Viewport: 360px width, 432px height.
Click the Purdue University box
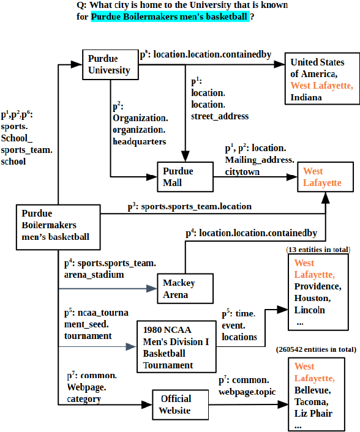coord(110,64)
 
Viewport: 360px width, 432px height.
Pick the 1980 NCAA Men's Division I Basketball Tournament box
coord(176,348)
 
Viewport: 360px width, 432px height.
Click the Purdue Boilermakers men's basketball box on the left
coord(57,226)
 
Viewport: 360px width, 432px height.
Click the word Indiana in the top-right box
coord(306,97)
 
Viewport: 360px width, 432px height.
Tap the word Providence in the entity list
coord(317,286)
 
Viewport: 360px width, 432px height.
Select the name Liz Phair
coord(313,413)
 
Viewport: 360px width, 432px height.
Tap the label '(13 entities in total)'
coord(318,250)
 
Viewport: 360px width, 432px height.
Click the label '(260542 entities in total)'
coord(316,349)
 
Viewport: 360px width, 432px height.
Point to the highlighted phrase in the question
coord(170,17)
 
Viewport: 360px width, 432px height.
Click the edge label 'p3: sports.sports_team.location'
coord(190,206)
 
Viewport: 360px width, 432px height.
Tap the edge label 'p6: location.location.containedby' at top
coord(205,55)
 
